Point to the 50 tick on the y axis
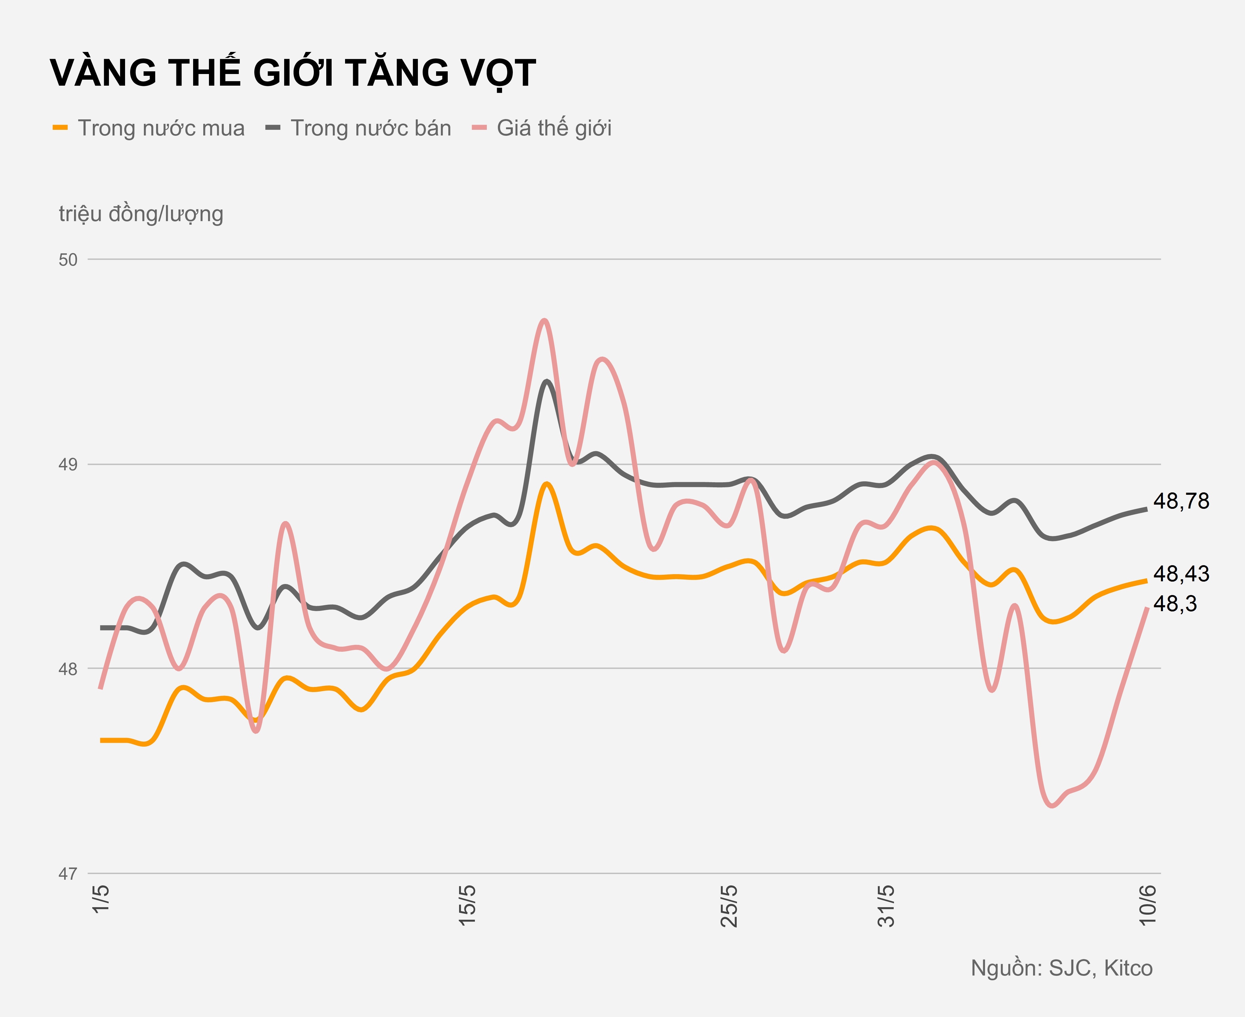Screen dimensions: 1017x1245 pyautogui.click(x=68, y=260)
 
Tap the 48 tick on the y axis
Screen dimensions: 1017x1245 pyautogui.click(x=68, y=669)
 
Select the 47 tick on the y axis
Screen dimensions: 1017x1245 pyautogui.click(x=68, y=874)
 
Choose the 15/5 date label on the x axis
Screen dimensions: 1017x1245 pyautogui.click(x=467, y=905)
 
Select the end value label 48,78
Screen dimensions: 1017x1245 pyautogui.click(x=1181, y=501)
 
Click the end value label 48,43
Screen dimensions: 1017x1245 pyautogui.click(x=1181, y=574)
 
